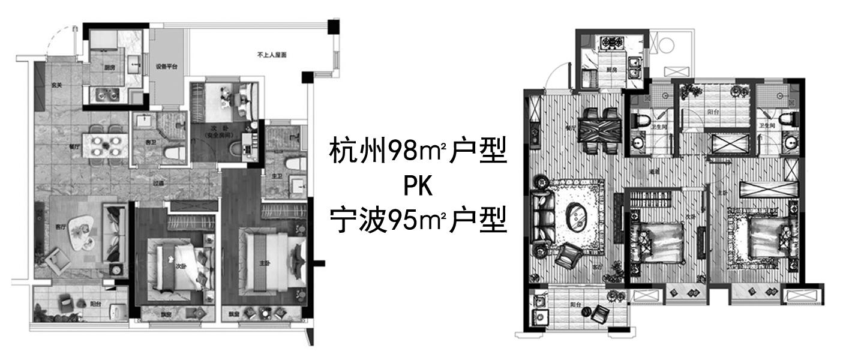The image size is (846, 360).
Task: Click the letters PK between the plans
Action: point(418,188)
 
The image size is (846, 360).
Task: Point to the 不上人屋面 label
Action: point(272,55)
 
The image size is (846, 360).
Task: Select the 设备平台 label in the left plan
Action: point(166,67)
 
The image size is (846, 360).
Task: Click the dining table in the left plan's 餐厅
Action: point(107,145)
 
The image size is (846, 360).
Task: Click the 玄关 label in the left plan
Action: point(57,85)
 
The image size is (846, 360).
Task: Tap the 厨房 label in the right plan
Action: point(611,70)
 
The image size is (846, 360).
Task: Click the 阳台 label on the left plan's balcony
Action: point(95,304)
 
